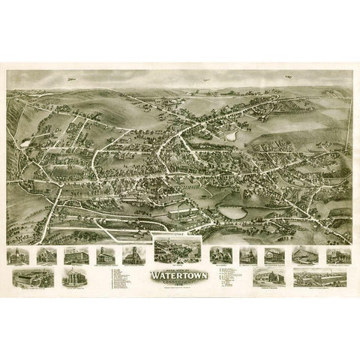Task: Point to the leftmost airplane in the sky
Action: [71, 77]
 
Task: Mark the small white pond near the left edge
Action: [26, 142]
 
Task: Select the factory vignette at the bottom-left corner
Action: [32, 277]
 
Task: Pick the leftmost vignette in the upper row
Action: [17, 256]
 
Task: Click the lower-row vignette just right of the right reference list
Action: [270, 277]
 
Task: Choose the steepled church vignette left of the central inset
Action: [133, 255]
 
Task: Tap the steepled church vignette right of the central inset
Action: [220, 255]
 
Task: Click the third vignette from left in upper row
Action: [76, 255]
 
